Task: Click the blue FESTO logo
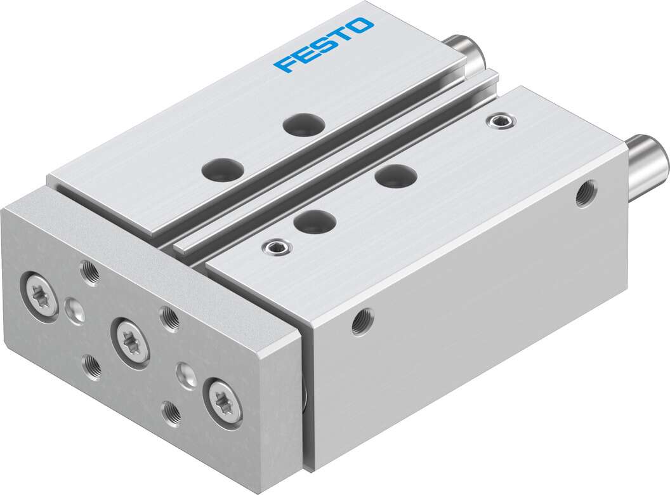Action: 323,45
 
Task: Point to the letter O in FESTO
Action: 362,26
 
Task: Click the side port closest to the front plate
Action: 363,320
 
